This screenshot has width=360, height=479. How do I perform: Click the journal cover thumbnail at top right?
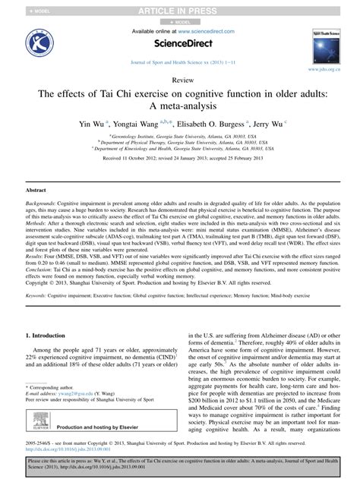pos(326,44)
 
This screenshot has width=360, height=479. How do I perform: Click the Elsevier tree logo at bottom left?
pos(37,427)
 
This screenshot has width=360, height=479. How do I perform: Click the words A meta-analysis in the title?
pos(180,106)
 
